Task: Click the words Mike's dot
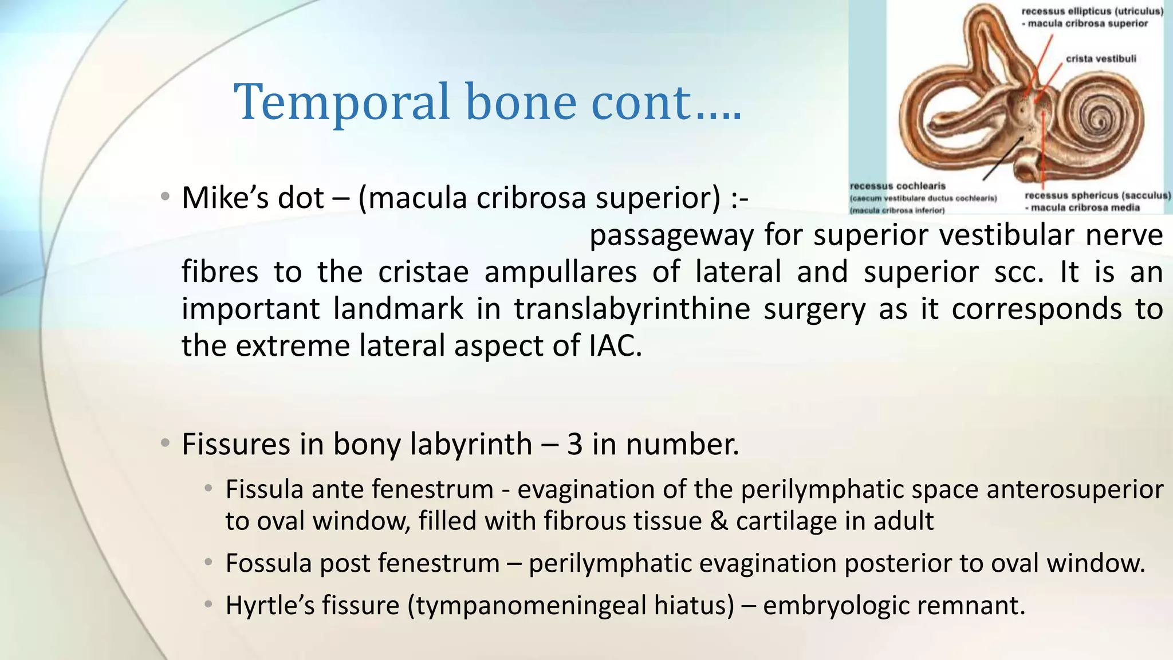tap(253, 198)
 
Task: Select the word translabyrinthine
tap(632, 309)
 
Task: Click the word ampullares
tap(560, 272)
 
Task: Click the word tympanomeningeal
tap(523, 606)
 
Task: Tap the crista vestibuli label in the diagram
tap(1100, 58)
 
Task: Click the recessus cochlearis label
tap(897, 186)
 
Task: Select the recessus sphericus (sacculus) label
tap(1097, 196)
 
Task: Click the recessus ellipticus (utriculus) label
tap(1092, 11)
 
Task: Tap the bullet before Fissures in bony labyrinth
tap(165, 443)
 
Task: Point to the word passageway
tap(671, 235)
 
